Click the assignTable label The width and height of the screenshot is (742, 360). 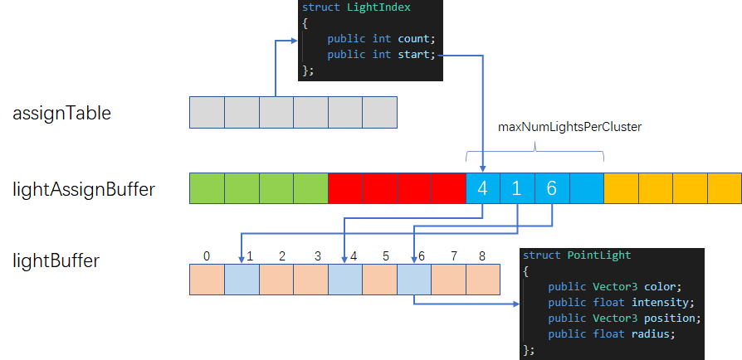click(x=61, y=113)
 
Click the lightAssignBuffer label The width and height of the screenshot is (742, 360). click(x=83, y=189)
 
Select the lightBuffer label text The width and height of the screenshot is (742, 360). click(x=56, y=260)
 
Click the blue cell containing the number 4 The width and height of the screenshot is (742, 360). click(x=483, y=189)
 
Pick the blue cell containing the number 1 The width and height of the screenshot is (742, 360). click(x=517, y=189)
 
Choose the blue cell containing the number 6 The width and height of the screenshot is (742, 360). click(x=551, y=189)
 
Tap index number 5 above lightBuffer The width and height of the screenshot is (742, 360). click(x=386, y=256)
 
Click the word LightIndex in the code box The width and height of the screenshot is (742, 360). click(x=385, y=7)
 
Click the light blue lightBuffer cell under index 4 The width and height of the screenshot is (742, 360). click(x=344, y=280)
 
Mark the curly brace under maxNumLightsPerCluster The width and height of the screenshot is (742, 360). click(x=535, y=151)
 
